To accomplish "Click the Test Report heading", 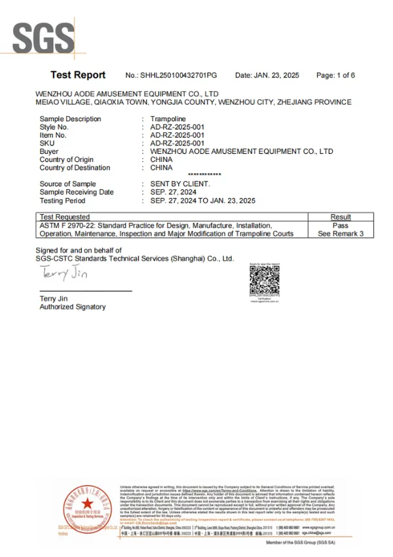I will pos(77,75).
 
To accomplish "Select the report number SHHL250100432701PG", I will pos(171,76).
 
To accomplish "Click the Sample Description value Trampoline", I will pos(168,119).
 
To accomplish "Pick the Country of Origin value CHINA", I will pos(162,160).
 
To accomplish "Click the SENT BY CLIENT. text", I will pos(180,184).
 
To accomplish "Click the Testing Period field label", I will pos(64,201).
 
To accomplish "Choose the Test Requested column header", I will pos(65,217).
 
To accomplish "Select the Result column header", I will pos(341,217).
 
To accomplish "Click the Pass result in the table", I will pos(341,225).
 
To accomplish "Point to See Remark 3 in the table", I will pos(341,233).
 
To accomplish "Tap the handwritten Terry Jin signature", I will pos(64,273).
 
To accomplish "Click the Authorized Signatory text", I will pos(72,307).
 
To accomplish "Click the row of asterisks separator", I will pos(204,175).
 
